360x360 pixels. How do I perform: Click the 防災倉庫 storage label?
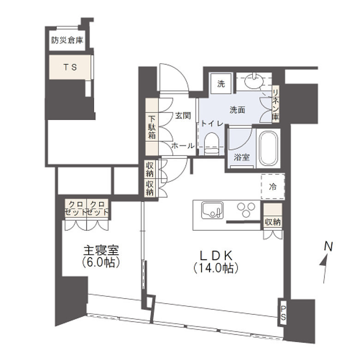(x=67, y=41)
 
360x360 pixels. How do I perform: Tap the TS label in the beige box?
(x=70, y=67)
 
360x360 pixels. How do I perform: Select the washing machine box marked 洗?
(x=221, y=84)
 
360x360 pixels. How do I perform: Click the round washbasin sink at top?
(x=253, y=81)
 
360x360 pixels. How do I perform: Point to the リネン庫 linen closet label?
(x=276, y=104)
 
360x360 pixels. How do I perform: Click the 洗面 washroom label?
(x=237, y=110)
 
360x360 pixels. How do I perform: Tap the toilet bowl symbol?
(x=211, y=144)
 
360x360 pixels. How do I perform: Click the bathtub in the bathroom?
(x=268, y=148)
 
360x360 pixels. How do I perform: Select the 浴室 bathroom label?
(x=241, y=157)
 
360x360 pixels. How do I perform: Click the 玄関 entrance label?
(x=183, y=115)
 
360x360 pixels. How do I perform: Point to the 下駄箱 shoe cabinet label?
(x=151, y=127)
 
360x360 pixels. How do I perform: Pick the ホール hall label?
(x=183, y=145)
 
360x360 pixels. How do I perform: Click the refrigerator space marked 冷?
(x=273, y=186)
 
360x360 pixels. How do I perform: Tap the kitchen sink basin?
(x=212, y=210)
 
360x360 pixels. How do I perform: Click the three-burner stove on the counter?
(x=246, y=210)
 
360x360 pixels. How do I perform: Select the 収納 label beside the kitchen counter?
(x=273, y=222)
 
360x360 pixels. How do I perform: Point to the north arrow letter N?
(x=328, y=246)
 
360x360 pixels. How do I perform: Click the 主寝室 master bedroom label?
(x=101, y=251)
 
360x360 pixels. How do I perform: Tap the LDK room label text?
(x=216, y=255)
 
